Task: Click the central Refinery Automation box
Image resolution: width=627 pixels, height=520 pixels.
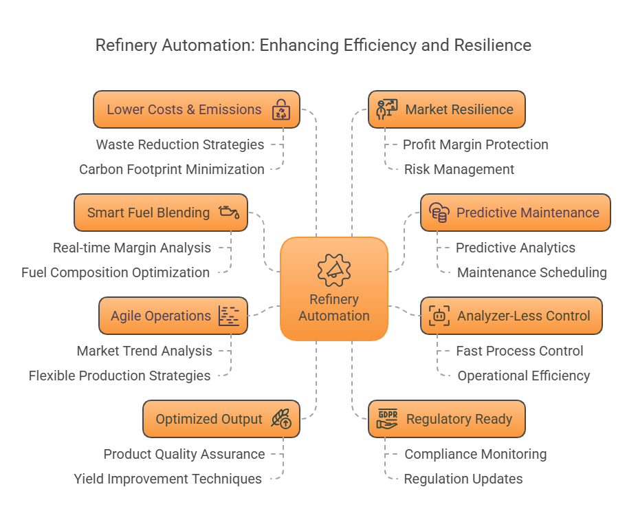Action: click(334, 289)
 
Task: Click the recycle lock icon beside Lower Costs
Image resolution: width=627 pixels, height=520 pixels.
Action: click(281, 110)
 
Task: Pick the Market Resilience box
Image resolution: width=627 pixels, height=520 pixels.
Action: click(446, 109)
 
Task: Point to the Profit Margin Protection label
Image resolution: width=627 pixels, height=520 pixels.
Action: click(475, 144)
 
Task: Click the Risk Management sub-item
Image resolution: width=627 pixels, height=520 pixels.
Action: click(459, 169)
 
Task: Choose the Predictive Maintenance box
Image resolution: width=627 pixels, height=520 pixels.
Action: click(515, 213)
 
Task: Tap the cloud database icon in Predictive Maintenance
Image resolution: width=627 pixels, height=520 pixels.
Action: click(439, 213)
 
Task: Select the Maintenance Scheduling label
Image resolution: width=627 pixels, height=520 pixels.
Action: click(531, 272)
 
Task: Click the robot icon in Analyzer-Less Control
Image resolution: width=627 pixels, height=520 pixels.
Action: click(439, 316)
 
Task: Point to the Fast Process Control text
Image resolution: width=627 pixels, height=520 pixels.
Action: click(519, 351)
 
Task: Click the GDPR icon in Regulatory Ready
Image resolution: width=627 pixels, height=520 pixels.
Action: click(387, 419)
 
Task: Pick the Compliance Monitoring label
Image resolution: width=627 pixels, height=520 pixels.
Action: click(475, 454)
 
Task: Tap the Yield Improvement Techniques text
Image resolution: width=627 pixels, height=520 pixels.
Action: click(168, 479)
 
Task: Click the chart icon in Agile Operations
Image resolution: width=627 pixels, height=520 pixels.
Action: click(229, 316)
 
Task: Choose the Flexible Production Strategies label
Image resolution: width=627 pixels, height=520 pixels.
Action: click(120, 376)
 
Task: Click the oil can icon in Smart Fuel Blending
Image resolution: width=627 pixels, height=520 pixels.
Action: click(230, 213)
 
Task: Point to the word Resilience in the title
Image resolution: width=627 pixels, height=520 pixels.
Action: click(492, 45)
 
